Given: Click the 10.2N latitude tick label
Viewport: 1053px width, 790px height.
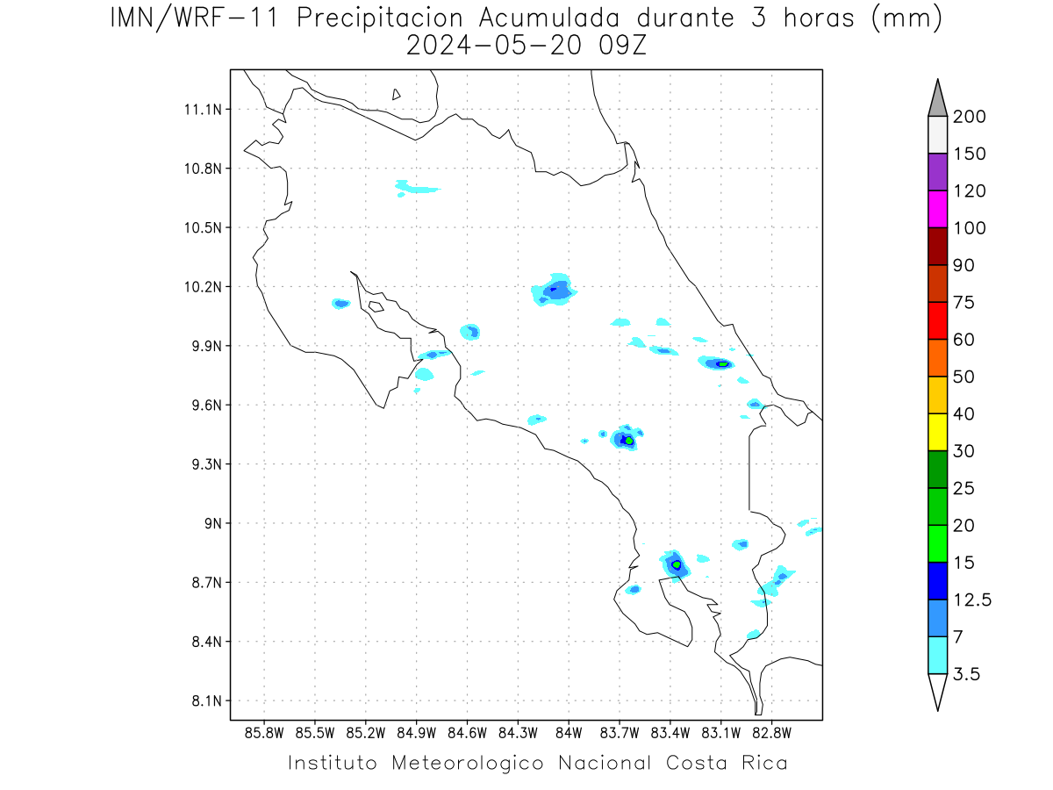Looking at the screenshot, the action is click(x=203, y=287).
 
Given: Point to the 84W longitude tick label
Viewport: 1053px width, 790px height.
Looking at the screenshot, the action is click(x=569, y=733).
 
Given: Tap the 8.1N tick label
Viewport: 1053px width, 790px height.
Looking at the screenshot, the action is click(x=206, y=700).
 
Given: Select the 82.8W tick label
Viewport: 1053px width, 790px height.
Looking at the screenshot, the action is click(x=771, y=733).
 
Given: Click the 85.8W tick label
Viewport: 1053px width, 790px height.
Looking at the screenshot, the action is click(x=264, y=733).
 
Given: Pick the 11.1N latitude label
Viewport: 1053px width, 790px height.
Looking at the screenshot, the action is click(x=203, y=110).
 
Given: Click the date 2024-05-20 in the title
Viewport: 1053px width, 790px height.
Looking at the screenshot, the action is click(x=494, y=46).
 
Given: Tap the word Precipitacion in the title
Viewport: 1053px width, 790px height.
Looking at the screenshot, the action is click(x=379, y=18).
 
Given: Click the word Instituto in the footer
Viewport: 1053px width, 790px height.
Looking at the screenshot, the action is click(x=332, y=763).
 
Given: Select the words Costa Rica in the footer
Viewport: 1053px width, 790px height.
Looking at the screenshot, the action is click(x=727, y=763).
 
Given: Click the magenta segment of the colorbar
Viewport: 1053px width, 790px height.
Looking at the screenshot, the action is click(x=937, y=209).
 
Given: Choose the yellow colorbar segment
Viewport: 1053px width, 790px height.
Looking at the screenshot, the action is click(x=937, y=432).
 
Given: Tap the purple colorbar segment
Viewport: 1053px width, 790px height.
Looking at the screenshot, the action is click(x=937, y=172).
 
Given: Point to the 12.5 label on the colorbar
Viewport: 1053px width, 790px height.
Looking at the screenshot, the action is click(x=971, y=600).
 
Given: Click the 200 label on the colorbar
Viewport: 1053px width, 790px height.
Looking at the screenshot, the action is click(x=969, y=117).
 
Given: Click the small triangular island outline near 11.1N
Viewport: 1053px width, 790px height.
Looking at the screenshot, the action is click(x=396, y=95).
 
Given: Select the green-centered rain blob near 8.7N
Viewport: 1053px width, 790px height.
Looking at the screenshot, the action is click(x=675, y=565).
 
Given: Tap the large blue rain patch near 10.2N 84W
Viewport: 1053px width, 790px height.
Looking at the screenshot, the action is click(x=554, y=291).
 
